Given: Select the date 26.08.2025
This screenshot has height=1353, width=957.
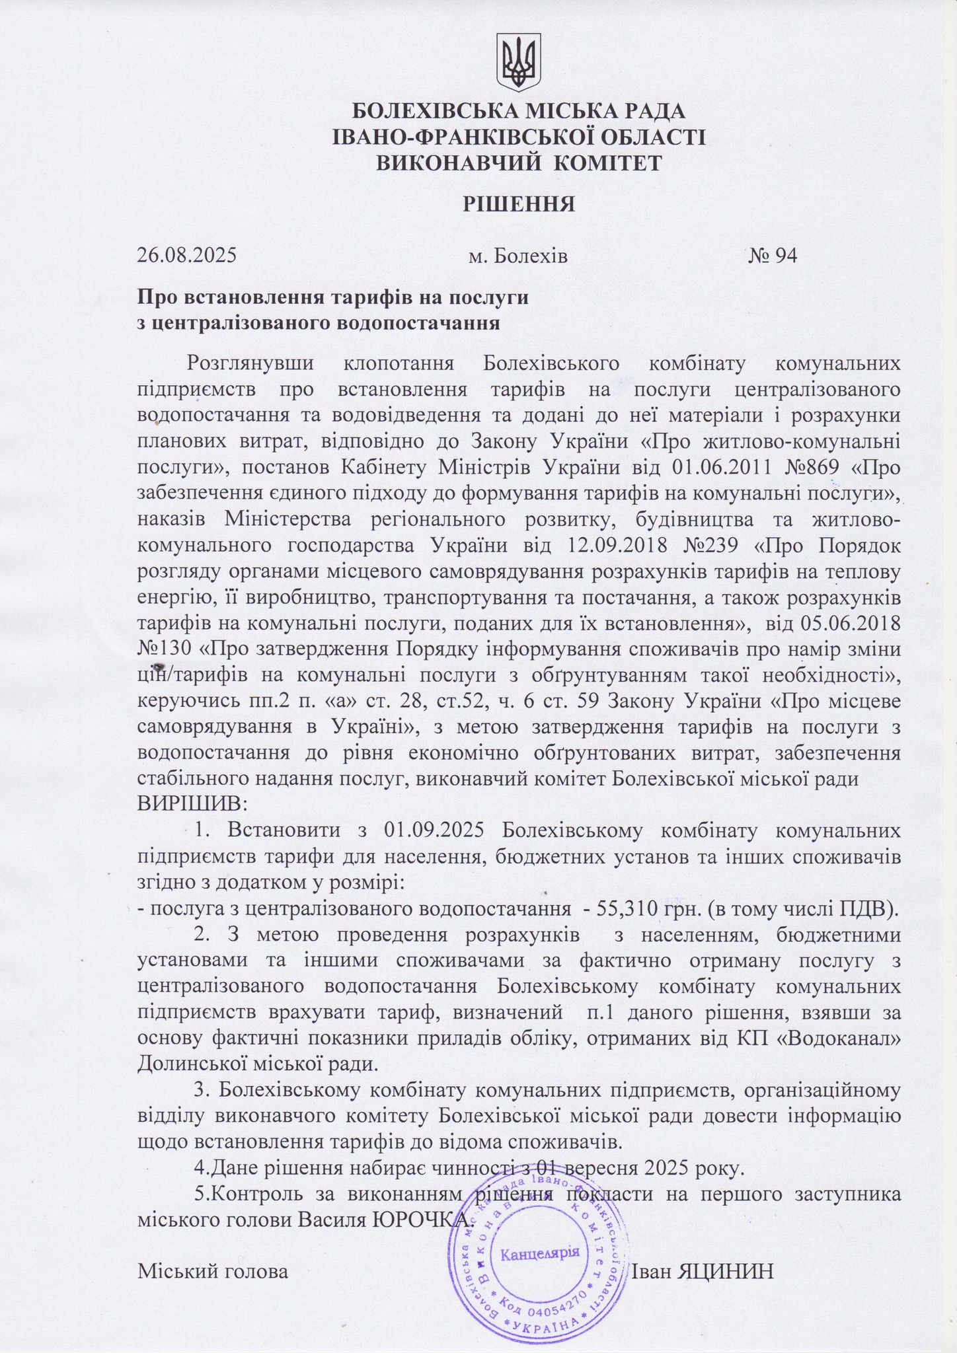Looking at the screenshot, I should coord(187,255).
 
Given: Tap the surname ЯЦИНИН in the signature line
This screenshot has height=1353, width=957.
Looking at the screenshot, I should coord(726,1271).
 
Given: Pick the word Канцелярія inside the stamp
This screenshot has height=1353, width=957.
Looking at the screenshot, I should coord(541,1253).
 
